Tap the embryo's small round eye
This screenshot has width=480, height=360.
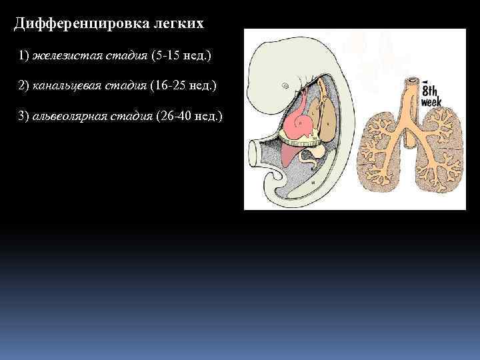[285, 86]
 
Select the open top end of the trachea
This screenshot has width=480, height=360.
[411, 81]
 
